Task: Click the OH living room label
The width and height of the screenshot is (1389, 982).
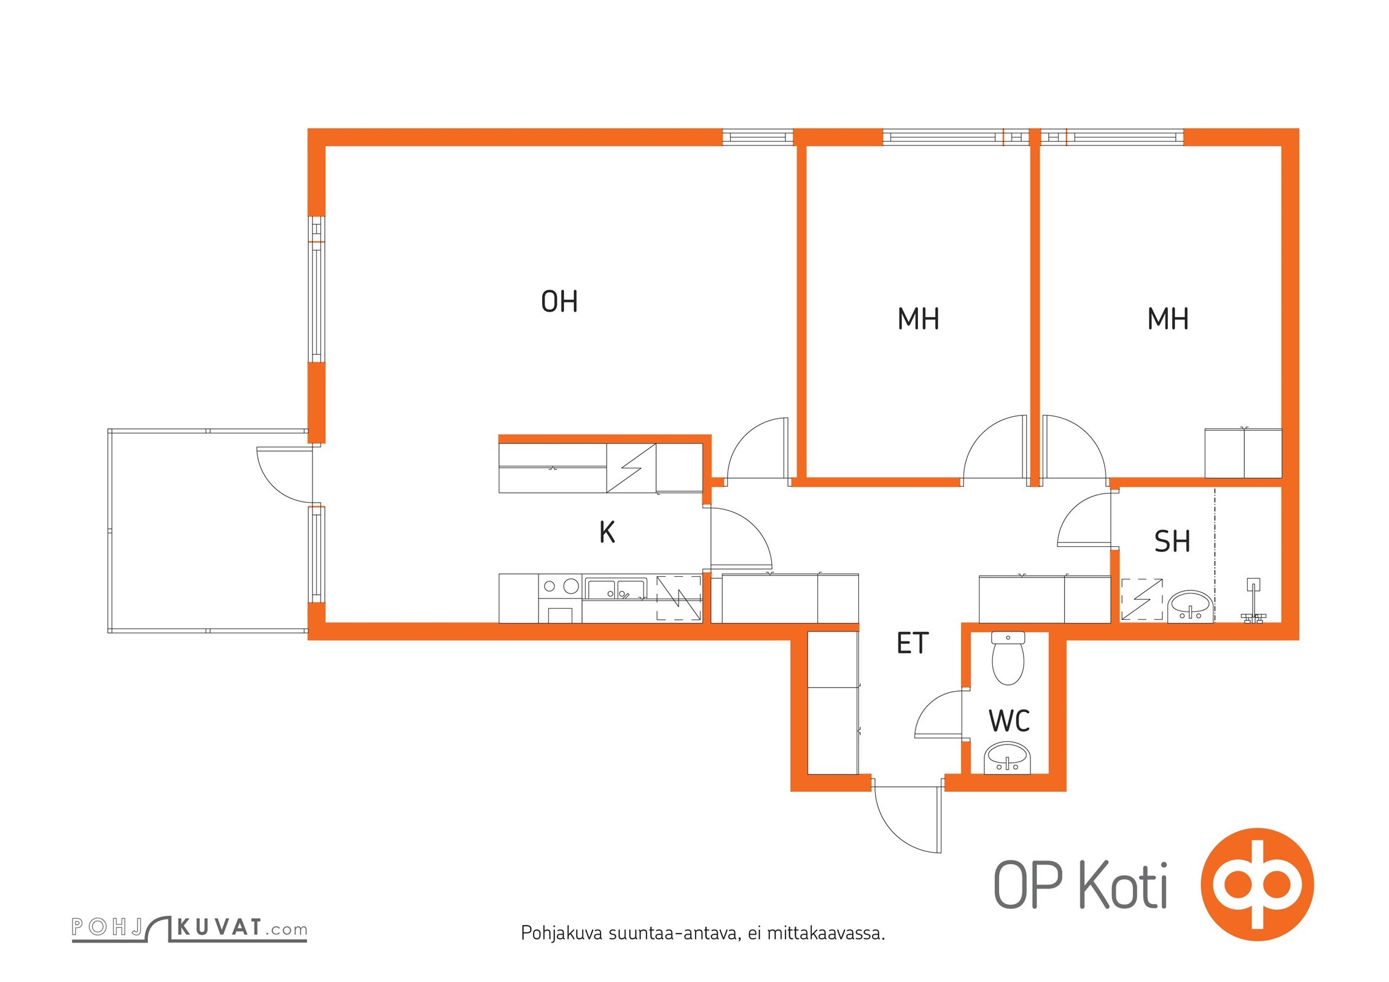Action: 559,301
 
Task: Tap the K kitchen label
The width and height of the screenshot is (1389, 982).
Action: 607,532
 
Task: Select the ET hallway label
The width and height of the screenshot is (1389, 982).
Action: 912,643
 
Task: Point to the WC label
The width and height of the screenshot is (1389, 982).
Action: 1009,721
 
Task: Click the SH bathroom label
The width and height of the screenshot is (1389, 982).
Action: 1172,541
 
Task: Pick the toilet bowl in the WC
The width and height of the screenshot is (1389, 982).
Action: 1008,658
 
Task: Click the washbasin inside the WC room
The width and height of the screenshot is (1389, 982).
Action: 1008,758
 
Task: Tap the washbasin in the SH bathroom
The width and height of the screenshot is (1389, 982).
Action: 1190,607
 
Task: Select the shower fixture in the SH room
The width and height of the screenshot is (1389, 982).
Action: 1252,601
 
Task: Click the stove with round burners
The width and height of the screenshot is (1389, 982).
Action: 560,598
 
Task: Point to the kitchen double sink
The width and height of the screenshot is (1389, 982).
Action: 615,589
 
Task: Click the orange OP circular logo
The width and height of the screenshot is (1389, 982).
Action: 1257,884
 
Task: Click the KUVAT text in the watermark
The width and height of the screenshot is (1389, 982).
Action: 220,927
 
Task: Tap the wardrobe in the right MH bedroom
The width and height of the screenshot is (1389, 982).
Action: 1243,453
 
